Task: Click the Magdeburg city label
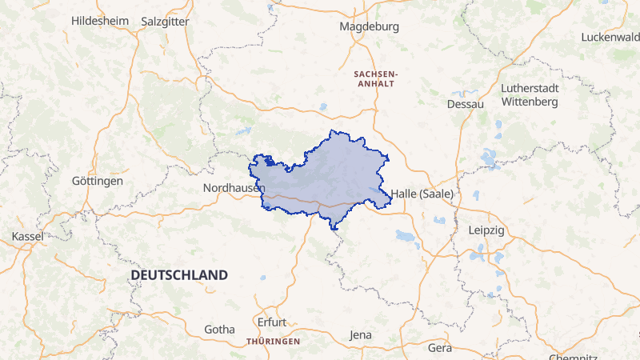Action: pos(369,26)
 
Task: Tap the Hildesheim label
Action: pos(99,21)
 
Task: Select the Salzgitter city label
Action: pos(165,22)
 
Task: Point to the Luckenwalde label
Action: pos(610,37)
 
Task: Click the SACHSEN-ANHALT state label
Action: pos(375,78)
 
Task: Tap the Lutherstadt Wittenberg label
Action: pos(529,94)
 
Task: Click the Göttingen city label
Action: pos(98,181)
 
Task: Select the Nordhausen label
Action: pos(234,187)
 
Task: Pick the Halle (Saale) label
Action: pos(422,194)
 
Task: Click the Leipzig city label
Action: pos(486,230)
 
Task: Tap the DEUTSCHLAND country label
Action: pos(179,274)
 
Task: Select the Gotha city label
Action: pos(220,329)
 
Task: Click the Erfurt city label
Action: pos(271,322)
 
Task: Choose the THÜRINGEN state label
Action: pos(274,342)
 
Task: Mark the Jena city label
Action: pos(361,334)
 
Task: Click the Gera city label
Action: pos(440,348)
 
